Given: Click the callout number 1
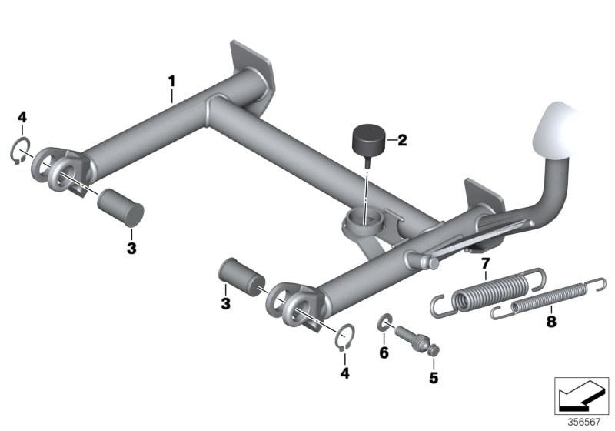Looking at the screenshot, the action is [171, 82].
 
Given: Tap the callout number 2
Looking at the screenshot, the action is [402, 140].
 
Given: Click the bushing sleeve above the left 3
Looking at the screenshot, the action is [121, 207].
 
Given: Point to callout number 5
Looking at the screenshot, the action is [434, 378].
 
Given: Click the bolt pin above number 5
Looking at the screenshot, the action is [417, 339].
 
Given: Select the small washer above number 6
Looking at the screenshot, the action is [385, 321].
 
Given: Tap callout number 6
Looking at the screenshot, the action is [384, 352].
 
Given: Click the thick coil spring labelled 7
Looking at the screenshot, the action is [488, 292].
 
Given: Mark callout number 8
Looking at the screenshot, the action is [551, 322].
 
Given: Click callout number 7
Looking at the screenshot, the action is [486, 262].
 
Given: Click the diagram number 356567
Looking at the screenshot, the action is [584, 423].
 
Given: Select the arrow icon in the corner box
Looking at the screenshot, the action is [582, 396].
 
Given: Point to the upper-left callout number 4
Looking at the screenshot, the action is [22, 117].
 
